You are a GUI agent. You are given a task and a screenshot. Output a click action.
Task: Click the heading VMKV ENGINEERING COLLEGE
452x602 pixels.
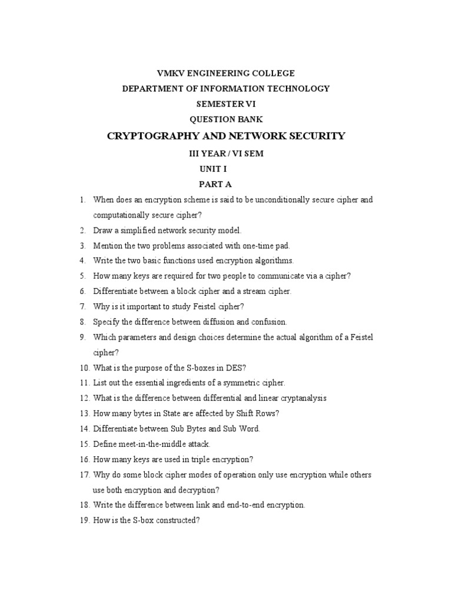[225, 73]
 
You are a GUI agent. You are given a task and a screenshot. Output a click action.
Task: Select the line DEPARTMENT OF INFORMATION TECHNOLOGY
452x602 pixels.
[225, 89]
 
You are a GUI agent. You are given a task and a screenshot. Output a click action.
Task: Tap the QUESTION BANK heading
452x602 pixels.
[225, 119]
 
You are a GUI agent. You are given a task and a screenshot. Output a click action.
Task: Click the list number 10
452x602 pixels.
[84, 368]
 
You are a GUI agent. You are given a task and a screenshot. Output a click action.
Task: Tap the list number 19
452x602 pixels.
[84, 520]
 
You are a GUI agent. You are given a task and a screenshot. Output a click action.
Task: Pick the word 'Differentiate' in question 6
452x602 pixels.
[115, 292]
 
